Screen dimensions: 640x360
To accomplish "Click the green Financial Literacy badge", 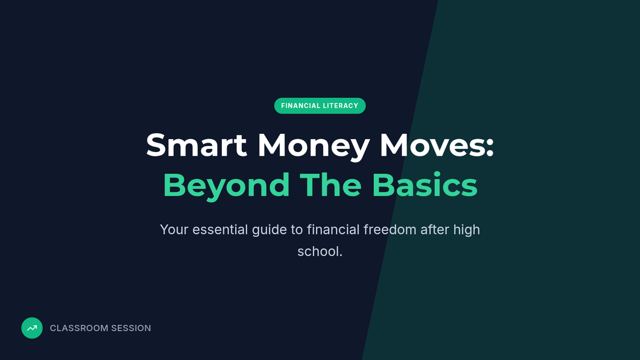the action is (x=319, y=106).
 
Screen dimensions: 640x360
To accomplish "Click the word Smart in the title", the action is (x=196, y=145).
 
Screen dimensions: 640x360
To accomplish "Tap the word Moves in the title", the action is (x=433, y=145).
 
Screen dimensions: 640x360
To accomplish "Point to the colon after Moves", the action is (x=490, y=148).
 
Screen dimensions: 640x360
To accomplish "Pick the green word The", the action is (x=331, y=185).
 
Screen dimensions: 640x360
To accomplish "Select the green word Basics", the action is (x=425, y=185).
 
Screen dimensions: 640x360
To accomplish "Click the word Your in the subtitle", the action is (x=174, y=229).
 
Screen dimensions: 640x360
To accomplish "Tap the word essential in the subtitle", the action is (x=220, y=229).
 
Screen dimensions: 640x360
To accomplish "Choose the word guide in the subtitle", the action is (x=269, y=230).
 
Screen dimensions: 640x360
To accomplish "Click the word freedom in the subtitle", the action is (x=390, y=229).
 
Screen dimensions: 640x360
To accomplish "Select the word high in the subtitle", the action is (x=467, y=230).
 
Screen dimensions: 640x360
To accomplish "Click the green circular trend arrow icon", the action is (x=32, y=328).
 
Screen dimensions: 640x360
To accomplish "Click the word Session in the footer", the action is (x=131, y=328).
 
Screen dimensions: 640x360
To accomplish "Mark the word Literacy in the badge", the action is (x=341, y=106).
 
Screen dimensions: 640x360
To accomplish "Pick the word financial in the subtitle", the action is (x=333, y=229).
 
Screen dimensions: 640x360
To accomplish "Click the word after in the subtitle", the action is (x=435, y=229).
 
